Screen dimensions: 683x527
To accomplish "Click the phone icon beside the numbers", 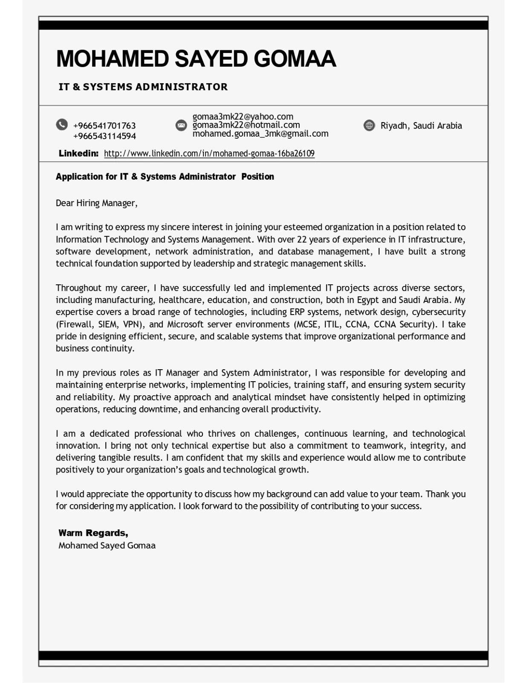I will click(62, 125).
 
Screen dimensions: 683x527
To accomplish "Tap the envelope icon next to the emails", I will click(181, 125).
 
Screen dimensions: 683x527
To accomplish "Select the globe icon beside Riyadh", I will click(369, 126).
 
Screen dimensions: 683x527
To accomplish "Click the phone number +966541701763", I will click(104, 126).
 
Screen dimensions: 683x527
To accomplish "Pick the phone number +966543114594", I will click(104, 136).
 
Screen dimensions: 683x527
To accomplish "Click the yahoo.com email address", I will click(243, 117).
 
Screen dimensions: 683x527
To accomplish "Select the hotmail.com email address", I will click(246, 125).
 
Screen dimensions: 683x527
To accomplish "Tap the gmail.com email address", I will click(260, 134).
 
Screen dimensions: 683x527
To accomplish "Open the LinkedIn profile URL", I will click(209, 154).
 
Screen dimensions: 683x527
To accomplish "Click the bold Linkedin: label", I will click(78, 153).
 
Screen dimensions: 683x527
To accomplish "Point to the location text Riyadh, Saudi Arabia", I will click(421, 126).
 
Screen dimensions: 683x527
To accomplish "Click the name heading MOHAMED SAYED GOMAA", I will click(196, 59).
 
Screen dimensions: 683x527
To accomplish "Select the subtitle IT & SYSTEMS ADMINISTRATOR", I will click(143, 87).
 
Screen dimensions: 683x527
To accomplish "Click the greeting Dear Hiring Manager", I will click(96, 203).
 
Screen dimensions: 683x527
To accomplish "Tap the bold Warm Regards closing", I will click(93, 533).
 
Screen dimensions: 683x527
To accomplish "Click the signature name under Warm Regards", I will click(107, 546).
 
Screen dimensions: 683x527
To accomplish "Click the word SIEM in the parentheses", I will click(107, 324).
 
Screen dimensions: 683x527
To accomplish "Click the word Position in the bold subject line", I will click(258, 177).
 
